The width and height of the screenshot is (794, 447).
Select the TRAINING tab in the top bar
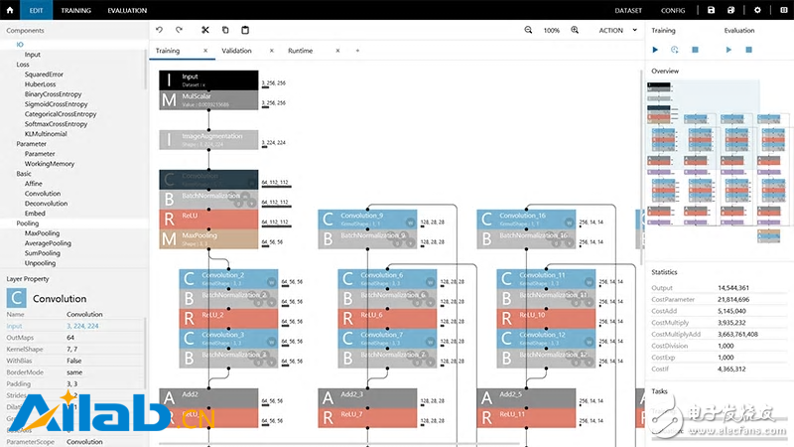point(75,10)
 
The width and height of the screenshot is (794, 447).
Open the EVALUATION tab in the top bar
point(127,10)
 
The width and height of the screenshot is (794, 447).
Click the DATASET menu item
point(627,10)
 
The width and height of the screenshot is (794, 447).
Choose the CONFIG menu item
point(673,10)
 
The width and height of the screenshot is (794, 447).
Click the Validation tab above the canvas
point(236,51)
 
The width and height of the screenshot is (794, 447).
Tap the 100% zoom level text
point(552,31)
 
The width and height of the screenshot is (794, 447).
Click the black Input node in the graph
point(208,79)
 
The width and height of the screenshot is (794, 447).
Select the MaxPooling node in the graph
point(208,239)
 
